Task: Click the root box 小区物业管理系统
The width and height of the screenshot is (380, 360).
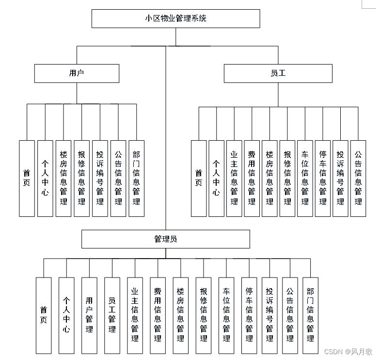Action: (175, 19)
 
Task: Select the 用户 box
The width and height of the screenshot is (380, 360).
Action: (77, 73)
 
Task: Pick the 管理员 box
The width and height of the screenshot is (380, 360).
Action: (165, 239)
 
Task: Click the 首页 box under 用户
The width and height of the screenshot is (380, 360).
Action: (27, 178)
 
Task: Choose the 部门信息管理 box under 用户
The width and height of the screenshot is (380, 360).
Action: (136, 178)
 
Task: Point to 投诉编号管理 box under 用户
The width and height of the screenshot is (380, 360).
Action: (100, 178)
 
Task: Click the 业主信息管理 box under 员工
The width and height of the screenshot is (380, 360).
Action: (234, 178)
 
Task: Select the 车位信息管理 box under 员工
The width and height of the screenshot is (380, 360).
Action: (305, 178)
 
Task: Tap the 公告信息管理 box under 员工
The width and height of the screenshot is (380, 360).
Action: (358, 178)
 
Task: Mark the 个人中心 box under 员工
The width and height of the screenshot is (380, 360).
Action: (216, 178)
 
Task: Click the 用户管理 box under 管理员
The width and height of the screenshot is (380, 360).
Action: (89, 315)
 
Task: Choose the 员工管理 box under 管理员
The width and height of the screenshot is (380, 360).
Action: (112, 315)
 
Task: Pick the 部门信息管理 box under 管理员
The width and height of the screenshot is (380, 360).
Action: (310, 315)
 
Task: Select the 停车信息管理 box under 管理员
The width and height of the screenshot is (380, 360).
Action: (249, 315)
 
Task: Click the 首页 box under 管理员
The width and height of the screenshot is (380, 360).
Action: (44, 315)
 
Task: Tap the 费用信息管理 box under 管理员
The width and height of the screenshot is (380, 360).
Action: (158, 315)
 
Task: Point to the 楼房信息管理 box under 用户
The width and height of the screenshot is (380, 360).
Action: (63, 178)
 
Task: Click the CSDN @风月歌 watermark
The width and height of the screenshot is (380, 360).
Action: (348, 351)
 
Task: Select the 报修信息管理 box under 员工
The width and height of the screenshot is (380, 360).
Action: (287, 178)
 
